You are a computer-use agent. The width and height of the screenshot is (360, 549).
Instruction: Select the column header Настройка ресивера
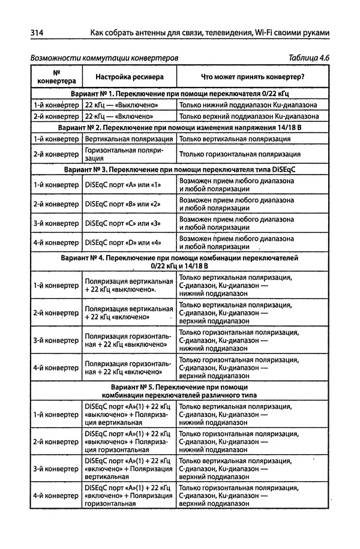(x=122, y=77)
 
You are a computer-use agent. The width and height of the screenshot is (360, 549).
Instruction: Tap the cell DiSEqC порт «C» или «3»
(x=123, y=224)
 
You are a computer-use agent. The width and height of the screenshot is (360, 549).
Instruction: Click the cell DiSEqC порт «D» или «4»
(x=123, y=243)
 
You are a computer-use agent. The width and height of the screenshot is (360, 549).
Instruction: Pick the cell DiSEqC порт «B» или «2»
(x=123, y=205)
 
